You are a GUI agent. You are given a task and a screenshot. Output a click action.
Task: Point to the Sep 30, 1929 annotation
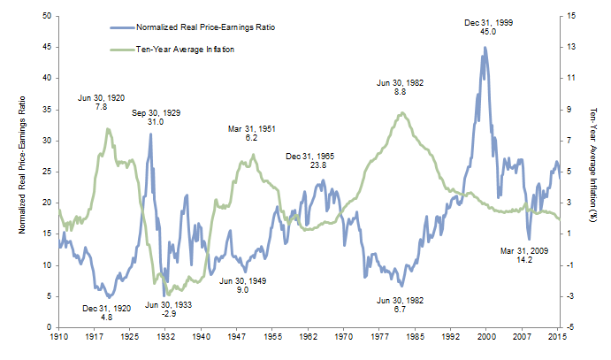point(156,118)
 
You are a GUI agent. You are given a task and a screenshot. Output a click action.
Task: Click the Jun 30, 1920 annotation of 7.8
point(100,101)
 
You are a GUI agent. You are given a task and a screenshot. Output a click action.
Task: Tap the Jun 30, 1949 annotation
point(243,285)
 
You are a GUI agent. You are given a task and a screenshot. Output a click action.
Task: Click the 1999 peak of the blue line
point(484,48)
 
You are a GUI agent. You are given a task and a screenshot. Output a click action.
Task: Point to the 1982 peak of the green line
point(402,112)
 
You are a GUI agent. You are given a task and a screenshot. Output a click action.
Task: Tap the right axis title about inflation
point(594,172)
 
